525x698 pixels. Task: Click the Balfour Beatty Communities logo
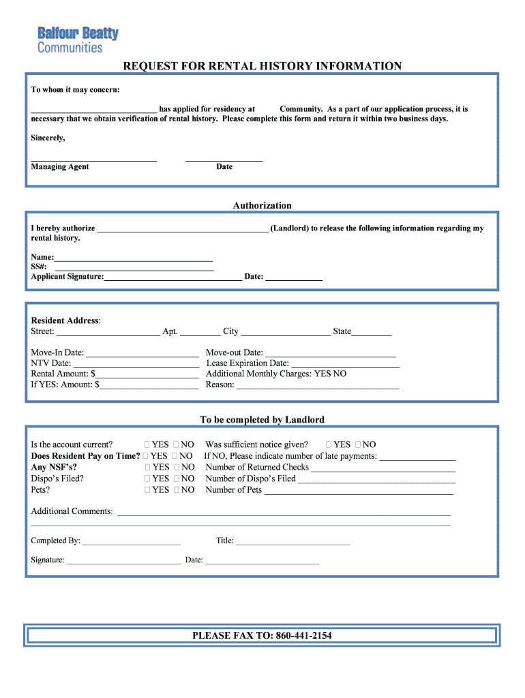77,40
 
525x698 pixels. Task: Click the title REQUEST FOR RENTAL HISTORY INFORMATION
262,66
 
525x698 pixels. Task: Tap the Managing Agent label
60,167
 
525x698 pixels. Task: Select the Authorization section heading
262,205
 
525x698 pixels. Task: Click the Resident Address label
65,320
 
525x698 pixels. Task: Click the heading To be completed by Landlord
262,420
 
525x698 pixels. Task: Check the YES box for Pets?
148,490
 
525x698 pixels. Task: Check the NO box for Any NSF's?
176,468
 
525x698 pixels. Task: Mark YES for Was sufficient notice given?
329,444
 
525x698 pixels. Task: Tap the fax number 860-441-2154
303,635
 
